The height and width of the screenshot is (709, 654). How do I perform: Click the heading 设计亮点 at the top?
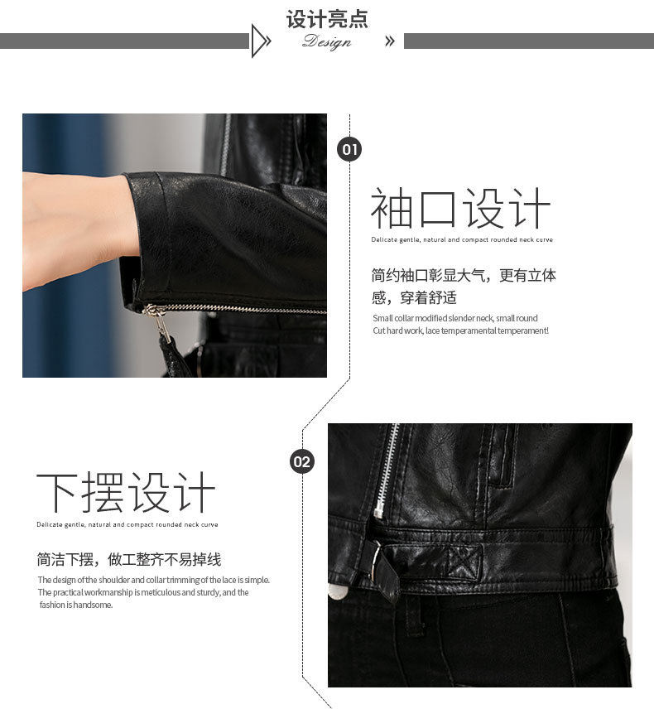[327, 19]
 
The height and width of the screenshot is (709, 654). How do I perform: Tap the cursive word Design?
[327, 41]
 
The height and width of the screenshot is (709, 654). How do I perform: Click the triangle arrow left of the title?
[261, 41]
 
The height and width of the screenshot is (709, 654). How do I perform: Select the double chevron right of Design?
[390, 41]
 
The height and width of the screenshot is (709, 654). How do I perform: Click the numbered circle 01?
[349, 149]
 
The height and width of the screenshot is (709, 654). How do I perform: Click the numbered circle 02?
[302, 461]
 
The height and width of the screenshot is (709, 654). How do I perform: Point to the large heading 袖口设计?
[460, 209]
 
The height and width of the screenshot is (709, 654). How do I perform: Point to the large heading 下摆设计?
[126, 493]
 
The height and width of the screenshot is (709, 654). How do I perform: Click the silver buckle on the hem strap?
[375, 560]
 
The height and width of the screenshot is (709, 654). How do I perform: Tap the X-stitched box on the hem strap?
[464, 562]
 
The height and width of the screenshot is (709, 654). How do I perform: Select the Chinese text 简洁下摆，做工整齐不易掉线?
[129, 559]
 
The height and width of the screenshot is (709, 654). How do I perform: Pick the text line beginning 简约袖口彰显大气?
[464, 275]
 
